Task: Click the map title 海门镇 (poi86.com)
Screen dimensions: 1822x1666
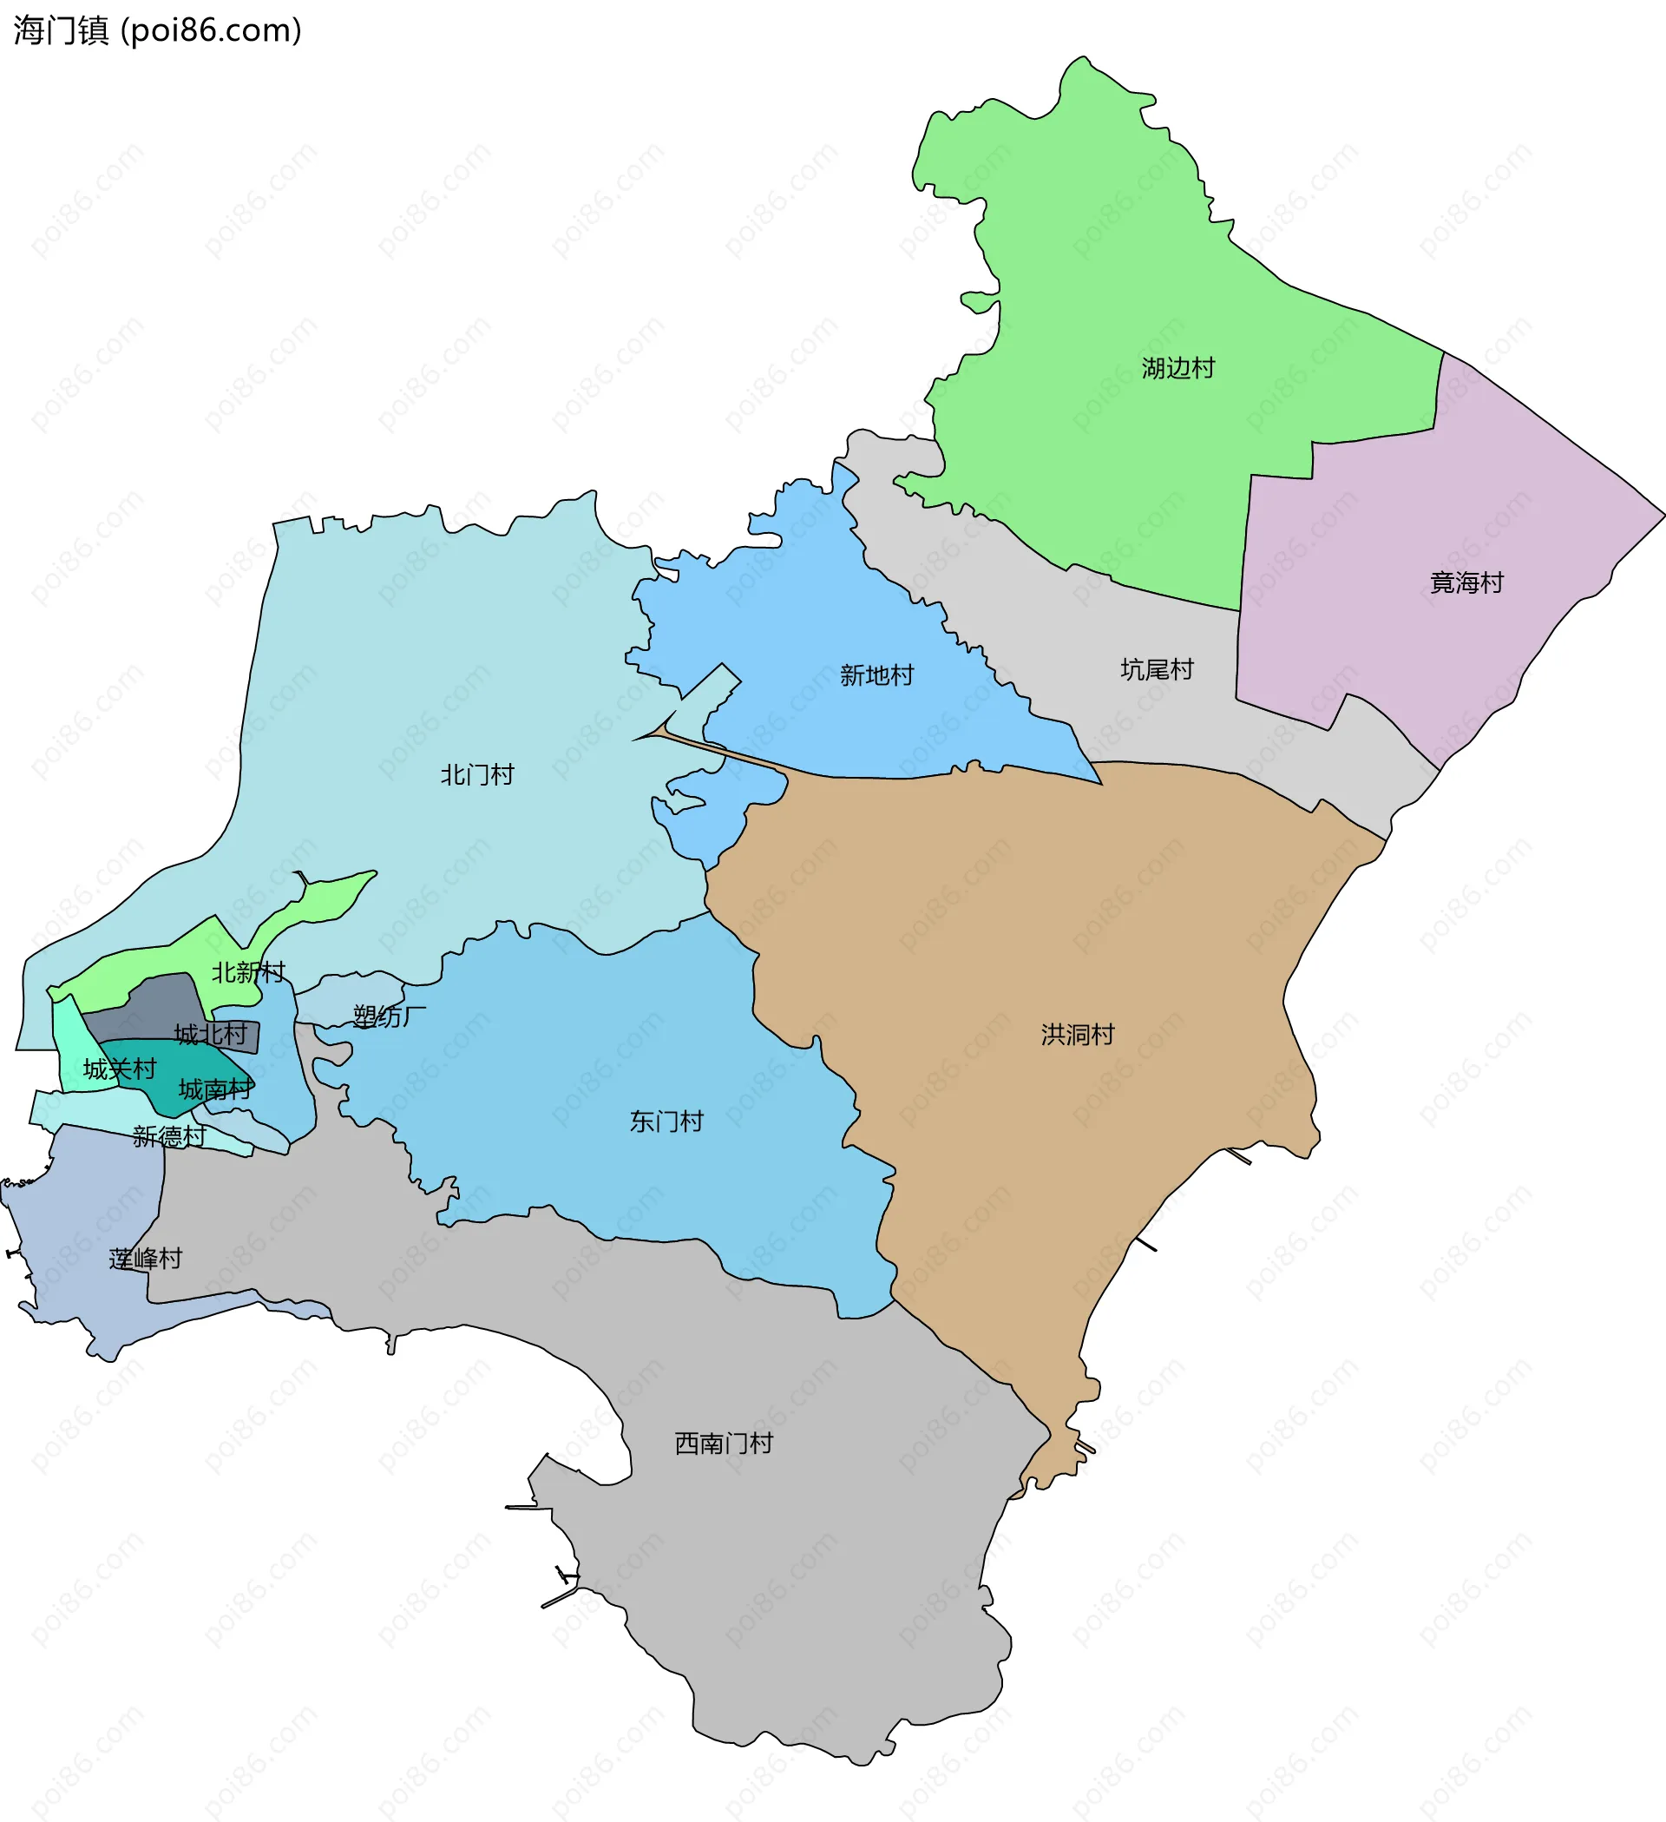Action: click(x=157, y=30)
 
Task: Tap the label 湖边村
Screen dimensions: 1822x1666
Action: click(x=1178, y=368)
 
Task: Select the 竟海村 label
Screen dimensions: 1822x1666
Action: click(x=1466, y=583)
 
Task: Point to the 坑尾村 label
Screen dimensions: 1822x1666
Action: click(x=1157, y=670)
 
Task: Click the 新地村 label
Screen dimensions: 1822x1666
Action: click(x=876, y=675)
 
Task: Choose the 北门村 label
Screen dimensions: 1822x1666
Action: click(x=477, y=774)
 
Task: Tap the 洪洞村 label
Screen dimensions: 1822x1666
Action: click(x=1078, y=1034)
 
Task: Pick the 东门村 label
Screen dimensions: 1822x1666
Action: click(x=666, y=1121)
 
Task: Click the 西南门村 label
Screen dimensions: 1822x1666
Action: click(x=724, y=1444)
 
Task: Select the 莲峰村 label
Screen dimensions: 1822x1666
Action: click(x=146, y=1259)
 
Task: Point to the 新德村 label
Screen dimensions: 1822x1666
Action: click(x=169, y=1136)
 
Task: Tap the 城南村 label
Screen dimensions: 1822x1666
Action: click(x=215, y=1089)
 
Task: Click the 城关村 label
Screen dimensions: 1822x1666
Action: click(x=119, y=1069)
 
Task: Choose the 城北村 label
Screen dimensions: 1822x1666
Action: click(x=211, y=1034)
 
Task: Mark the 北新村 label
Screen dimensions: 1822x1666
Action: click(x=247, y=972)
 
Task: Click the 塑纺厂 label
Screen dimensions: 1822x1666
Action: click(x=389, y=1016)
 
